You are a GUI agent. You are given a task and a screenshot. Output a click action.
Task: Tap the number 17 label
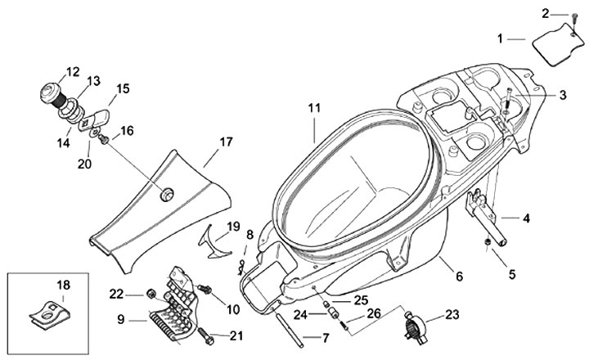click(x=227, y=142)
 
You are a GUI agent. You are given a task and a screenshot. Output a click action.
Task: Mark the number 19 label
click(x=233, y=225)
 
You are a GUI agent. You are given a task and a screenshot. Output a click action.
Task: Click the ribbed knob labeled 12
click(x=52, y=93)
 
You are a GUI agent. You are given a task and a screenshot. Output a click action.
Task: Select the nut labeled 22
click(x=151, y=294)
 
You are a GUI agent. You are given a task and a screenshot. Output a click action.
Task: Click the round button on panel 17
click(x=168, y=193)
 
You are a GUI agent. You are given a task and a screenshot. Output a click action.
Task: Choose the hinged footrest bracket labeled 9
click(x=176, y=307)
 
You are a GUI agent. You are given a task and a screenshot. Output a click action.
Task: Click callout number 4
click(x=526, y=218)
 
